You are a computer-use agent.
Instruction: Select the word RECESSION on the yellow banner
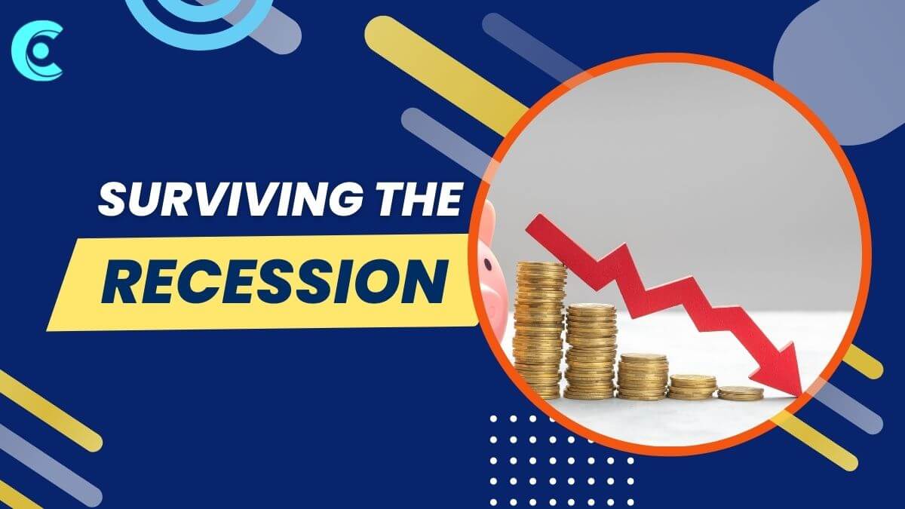275,282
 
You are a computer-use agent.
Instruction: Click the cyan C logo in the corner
37,51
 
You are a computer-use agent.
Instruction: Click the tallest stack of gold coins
539,330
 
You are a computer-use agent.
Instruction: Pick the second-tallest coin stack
591,351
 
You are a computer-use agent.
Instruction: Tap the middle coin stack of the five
643,376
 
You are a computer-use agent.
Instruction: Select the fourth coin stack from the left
692,388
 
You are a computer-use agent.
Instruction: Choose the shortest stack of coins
741,394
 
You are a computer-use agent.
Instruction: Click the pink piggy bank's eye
489,265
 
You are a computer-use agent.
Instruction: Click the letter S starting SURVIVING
114,199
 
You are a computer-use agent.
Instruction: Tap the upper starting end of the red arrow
534,223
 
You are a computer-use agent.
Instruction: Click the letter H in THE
418,199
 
